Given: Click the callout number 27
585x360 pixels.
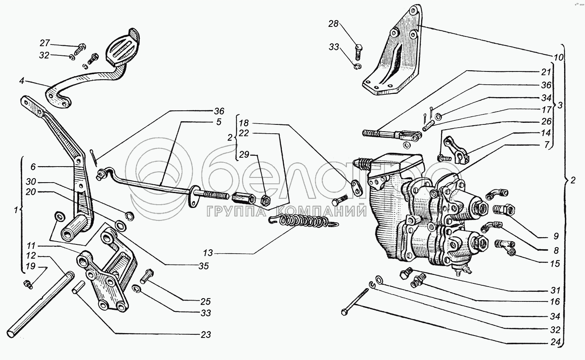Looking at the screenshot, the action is (45, 43).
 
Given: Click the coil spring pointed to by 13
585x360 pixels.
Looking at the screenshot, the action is (304, 221).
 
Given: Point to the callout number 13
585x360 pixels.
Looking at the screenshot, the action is (208, 253).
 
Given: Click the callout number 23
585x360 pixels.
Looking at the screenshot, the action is (206, 334).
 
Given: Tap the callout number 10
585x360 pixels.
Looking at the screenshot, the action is (559, 57).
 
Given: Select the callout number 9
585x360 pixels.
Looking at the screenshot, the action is (556, 236).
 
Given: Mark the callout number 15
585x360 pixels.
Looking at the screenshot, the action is (555, 263).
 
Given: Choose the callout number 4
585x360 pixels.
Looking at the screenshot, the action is (22, 81).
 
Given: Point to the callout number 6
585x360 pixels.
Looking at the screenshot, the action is (33, 167).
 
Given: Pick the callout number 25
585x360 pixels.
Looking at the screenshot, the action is (205, 301).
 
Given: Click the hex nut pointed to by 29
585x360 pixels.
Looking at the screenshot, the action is (266, 200).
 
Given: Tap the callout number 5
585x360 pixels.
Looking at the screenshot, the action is (218, 122).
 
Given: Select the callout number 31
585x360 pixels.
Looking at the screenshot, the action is (555, 290).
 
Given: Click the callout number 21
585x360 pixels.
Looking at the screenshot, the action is (546, 72).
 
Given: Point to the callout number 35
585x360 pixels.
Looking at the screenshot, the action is (204, 266).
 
